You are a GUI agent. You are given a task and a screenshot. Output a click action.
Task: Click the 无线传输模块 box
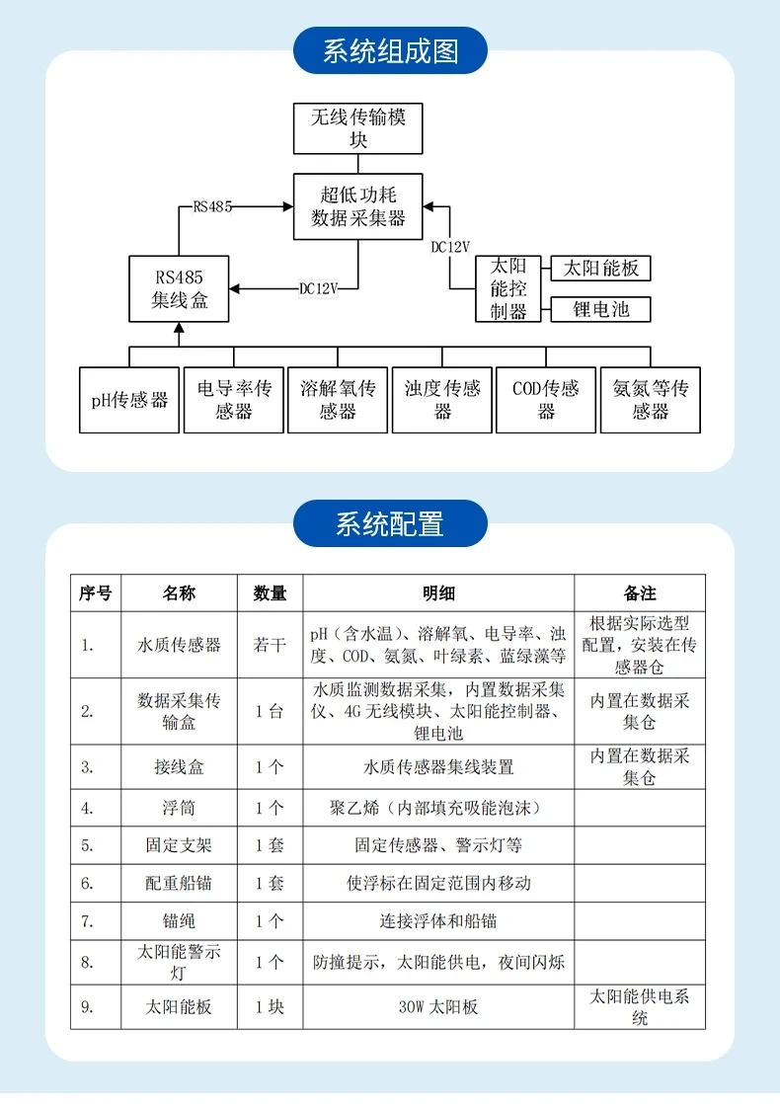pos(357,128)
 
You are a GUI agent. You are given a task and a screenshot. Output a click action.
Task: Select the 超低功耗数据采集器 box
pos(357,206)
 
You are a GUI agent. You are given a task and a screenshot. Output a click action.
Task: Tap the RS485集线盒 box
pos(179,288)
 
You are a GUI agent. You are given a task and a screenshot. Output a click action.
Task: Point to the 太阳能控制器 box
pos(508,288)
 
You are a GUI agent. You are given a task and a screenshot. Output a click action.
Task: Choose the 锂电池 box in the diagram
pos(600,309)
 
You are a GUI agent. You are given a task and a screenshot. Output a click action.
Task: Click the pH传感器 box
pos(129,400)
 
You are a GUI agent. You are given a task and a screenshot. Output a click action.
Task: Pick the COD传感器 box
pos(546,400)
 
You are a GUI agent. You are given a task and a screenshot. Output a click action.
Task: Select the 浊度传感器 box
pos(442,400)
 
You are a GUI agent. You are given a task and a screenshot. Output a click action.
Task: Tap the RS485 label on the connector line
pos(212,206)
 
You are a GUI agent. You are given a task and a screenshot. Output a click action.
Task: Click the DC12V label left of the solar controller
pos(450,247)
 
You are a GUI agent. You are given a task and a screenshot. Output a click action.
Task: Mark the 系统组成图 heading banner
pos(390,50)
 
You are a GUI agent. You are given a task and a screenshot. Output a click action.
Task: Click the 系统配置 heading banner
pos(390,523)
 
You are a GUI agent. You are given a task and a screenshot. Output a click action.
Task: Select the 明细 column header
pos(438,592)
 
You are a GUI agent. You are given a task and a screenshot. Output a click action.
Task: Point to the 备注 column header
pos(640,592)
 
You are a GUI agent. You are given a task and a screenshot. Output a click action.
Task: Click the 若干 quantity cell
pos(271,645)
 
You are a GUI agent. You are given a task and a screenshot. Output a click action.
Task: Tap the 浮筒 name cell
pos(179,808)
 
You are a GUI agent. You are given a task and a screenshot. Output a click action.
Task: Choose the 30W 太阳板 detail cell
pos(438,1007)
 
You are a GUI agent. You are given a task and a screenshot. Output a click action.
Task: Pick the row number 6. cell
pos(96,883)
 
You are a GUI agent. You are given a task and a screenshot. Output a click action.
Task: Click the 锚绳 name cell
pos(179,921)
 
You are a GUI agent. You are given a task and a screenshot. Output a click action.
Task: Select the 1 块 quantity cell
pos(271,1007)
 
